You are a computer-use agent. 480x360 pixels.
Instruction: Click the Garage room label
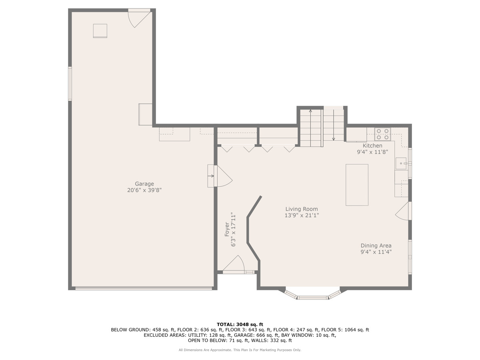pyautogui.click(x=144, y=184)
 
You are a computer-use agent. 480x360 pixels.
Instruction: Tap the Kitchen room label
pyautogui.click(x=372, y=146)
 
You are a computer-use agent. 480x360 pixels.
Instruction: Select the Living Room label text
pyautogui.click(x=302, y=209)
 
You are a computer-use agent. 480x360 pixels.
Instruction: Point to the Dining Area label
pyautogui.click(x=376, y=246)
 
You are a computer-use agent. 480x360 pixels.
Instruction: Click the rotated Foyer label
pyautogui.click(x=227, y=229)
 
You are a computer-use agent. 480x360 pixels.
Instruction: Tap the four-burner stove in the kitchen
pyautogui.click(x=383, y=134)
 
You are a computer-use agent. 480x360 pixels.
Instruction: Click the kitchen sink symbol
pyautogui.click(x=401, y=163)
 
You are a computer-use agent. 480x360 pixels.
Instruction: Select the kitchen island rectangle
pyautogui.click(x=357, y=185)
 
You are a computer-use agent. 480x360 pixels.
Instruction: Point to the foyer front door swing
pyautogui.click(x=234, y=264)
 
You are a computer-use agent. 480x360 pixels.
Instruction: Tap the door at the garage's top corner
pyautogui.click(x=139, y=18)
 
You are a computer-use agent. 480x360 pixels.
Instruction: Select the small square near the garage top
pyautogui.click(x=100, y=31)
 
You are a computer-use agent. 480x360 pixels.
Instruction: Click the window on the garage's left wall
pyautogui.click(x=70, y=84)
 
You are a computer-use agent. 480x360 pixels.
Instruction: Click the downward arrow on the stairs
pyautogui.click(x=334, y=125)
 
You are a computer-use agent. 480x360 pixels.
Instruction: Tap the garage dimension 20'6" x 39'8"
pyautogui.click(x=144, y=190)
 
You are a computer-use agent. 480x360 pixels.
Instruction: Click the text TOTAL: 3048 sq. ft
pyautogui.click(x=240, y=324)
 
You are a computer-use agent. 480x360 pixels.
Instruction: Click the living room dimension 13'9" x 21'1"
pyautogui.click(x=302, y=216)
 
